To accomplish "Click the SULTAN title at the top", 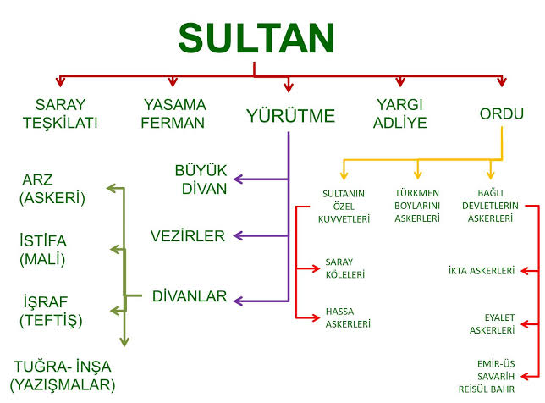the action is tap(256, 38).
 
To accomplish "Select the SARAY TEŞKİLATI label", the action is tap(60, 113).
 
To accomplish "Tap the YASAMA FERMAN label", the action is tap(173, 113).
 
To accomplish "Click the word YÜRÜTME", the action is tap(290, 116).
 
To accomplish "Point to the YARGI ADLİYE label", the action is tap(399, 113).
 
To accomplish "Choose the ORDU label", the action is tap(502, 113).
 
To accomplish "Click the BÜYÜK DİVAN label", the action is tap(201, 179).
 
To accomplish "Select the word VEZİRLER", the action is tap(188, 236).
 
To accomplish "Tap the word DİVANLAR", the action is tap(190, 296).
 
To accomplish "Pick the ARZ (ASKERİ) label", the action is tap(52, 189).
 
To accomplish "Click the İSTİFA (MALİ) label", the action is tap(43, 250).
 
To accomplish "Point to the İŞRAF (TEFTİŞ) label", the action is tap(51, 312).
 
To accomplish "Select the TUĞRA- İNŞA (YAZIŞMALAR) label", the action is tap(63, 376).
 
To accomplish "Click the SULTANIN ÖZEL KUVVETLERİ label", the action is tap(344, 207).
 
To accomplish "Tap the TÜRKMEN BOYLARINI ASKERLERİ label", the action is tap(417, 206).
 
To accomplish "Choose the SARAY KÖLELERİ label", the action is tap(344, 268).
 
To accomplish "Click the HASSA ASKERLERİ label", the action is tap(348, 317).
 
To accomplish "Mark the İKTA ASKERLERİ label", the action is tap(482, 271).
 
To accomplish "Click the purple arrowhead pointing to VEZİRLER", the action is tap(239, 236).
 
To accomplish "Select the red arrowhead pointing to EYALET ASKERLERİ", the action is tap(526, 324).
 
